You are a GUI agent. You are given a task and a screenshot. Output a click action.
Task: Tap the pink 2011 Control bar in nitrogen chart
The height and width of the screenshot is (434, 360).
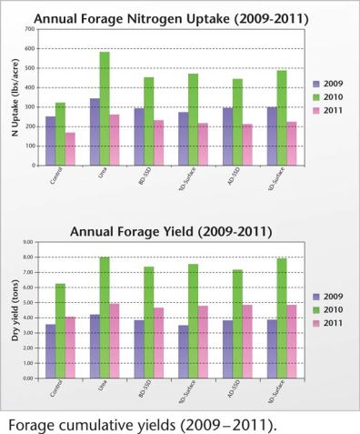point(70,149)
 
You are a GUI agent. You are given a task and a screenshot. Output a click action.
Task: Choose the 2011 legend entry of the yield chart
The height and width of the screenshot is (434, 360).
point(322,323)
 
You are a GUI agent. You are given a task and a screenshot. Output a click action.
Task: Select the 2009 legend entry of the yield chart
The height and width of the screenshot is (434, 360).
point(322,296)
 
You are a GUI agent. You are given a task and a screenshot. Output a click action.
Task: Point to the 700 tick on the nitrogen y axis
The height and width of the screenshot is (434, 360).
point(29,29)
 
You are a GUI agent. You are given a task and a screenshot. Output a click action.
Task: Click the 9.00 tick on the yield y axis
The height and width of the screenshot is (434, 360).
point(27,242)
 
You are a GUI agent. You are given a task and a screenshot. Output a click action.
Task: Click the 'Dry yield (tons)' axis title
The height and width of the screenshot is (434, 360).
point(13,310)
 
